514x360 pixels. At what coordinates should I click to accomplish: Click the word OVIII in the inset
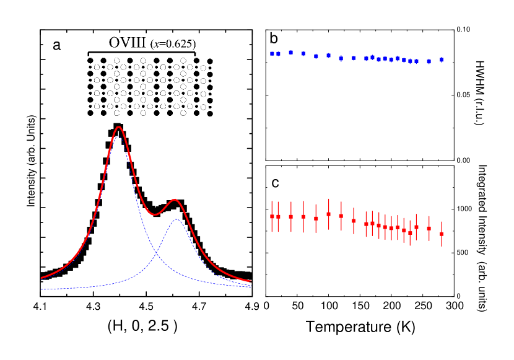[128, 43]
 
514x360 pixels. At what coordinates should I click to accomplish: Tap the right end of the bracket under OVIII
[197, 55]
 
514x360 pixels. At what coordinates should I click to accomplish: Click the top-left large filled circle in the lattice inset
[90, 61]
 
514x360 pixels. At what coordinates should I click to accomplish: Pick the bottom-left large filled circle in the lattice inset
[90, 113]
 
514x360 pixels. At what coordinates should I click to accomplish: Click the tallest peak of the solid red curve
[118, 127]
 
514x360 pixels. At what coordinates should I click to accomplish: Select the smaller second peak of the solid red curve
[175, 200]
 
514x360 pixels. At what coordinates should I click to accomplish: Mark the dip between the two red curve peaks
[157, 214]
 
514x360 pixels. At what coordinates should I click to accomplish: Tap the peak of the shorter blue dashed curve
[177, 219]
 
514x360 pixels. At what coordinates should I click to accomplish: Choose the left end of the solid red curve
[41, 278]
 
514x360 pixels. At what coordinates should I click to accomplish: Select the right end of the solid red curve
[250, 281]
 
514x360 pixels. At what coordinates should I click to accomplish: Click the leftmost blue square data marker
[272, 53]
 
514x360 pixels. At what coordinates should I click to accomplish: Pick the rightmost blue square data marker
[442, 59]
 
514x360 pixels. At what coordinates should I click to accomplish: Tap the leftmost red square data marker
[272, 216]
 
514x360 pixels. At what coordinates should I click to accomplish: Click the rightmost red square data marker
[442, 234]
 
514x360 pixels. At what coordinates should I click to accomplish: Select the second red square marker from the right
[429, 228]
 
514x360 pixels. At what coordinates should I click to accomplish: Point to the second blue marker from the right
[429, 62]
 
